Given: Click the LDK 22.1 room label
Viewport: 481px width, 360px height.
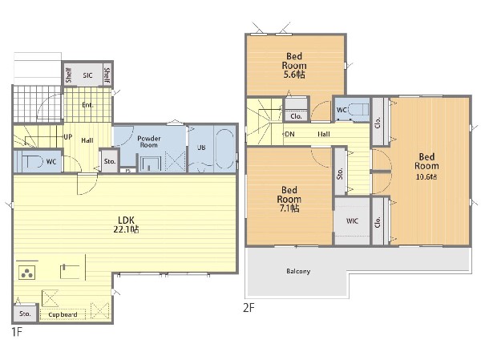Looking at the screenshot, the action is [x=126, y=224].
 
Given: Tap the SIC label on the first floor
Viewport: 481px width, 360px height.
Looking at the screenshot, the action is [x=87, y=75].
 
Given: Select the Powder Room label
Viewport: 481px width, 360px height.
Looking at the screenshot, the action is [x=149, y=141].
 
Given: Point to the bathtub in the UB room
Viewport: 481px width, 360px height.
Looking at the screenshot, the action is [x=224, y=149].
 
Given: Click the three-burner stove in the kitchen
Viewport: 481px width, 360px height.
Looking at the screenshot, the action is [x=27, y=272].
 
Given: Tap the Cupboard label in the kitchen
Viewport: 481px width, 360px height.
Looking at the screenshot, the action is [x=63, y=314].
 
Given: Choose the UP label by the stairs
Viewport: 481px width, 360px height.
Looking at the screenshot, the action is [x=68, y=137].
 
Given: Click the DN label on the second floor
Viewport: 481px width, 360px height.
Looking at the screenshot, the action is [x=289, y=134].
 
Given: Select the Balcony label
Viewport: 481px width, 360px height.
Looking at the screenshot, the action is [x=298, y=271].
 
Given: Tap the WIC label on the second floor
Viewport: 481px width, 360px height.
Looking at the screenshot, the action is [x=352, y=220].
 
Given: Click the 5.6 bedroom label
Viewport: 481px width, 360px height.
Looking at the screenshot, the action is [x=294, y=66].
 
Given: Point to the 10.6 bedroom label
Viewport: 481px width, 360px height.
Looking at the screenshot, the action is [x=426, y=166].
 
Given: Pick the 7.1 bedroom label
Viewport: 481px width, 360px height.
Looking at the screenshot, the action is [x=289, y=199].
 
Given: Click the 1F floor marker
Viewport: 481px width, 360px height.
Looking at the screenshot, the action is [x=17, y=332].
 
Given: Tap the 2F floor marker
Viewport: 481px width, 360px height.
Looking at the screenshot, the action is [x=249, y=308].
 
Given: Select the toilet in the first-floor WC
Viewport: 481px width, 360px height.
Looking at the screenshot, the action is [x=32, y=162].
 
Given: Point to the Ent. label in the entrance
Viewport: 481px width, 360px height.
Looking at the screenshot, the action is [x=87, y=105].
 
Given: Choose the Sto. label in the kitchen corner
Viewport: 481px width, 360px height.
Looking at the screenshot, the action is [x=25, y=313].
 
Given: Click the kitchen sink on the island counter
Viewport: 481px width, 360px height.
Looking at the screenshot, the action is [x=71, y=271].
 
